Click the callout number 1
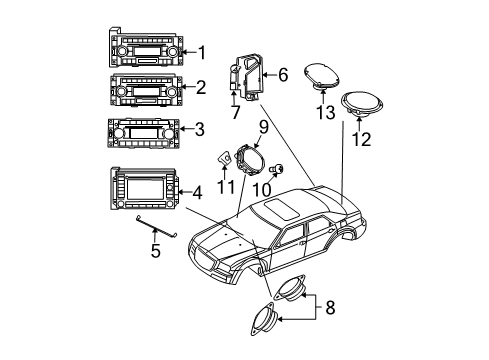pos(202,52)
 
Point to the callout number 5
pos(155,251)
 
